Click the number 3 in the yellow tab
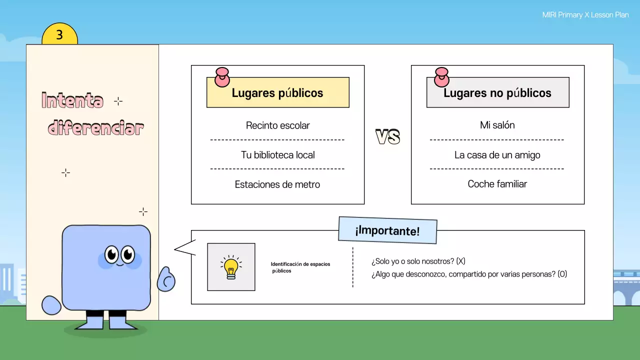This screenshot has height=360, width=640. pos(59,35)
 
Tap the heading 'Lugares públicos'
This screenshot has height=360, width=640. pos(277,93)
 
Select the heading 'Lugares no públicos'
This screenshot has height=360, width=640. pos(497,93)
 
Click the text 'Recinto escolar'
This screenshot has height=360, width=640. pos(277,125)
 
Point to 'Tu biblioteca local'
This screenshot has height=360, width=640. pos(277,155)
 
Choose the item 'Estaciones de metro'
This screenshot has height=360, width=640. pos(277,184)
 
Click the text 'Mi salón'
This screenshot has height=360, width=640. pos(497,125)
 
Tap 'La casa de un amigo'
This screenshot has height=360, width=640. pos(497,155)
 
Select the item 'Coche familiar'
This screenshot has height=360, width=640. pos(497,184)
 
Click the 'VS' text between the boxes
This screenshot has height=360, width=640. pos(388,137)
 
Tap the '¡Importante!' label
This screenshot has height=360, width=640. pos(387,230)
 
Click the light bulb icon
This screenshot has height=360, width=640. pos(231,267)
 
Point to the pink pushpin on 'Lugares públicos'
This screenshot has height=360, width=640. pos(222,77)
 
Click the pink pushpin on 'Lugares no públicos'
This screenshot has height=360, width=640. pos(442,77)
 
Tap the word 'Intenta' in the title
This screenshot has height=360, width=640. pos(72,101)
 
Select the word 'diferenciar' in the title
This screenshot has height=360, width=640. pos(96,128)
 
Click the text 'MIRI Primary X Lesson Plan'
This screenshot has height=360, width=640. pos(585,15)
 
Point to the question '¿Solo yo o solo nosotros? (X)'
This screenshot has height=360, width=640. pos(418,261)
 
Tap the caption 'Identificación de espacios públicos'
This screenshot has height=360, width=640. pos(300,267)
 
